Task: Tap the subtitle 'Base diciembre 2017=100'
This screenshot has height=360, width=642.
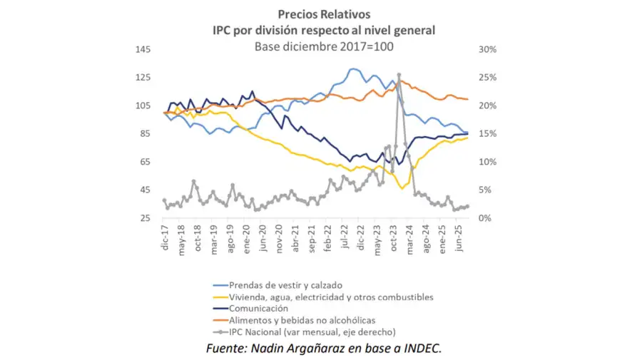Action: [x=324, y=46]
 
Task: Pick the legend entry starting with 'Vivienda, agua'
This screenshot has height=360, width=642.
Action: [x=329, y=297]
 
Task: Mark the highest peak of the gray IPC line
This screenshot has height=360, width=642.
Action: [x=399, y=75]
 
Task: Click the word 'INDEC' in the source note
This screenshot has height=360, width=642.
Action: [x=420, y=349]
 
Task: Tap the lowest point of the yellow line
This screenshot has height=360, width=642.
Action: [x=402, y=188]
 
